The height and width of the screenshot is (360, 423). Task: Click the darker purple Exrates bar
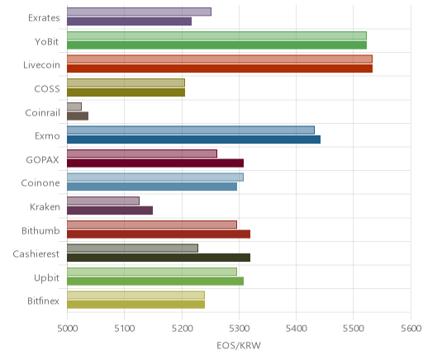(x=129, y=21)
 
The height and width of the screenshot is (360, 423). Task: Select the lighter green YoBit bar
(x=216, y=36)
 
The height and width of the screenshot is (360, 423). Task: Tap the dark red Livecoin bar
(x=220, y=69)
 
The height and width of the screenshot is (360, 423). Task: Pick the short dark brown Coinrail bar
(x=78, y=116)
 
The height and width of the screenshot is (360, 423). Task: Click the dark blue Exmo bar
(x=193, y=140)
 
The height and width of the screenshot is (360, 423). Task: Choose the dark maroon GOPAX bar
(x=155, y=163)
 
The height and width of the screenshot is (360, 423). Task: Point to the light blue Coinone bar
(x=155, y=178)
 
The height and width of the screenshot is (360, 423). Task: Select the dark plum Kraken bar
(x=110, y=211)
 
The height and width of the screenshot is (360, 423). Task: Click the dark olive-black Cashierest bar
(x=159, y=258)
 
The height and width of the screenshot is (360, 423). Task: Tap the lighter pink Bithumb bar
(x=152, y=225)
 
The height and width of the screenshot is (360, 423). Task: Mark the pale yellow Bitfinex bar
(x=135, y=296)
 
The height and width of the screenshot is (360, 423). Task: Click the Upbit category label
(x=46, y=278)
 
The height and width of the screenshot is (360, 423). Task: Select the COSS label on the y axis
(x=47, y=89)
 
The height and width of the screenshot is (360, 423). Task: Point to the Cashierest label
(x=36, y=253)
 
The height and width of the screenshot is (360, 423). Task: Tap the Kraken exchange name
(x=45, y=206)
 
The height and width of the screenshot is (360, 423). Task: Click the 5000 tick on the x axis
(x=67, y=329)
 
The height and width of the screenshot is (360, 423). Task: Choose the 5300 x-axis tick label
(x=239, y=329)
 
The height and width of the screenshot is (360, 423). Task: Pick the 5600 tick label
(x=411, y=329)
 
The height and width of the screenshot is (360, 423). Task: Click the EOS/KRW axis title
(x=239, y=345)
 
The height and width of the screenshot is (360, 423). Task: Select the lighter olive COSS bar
(x=126, y=83)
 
